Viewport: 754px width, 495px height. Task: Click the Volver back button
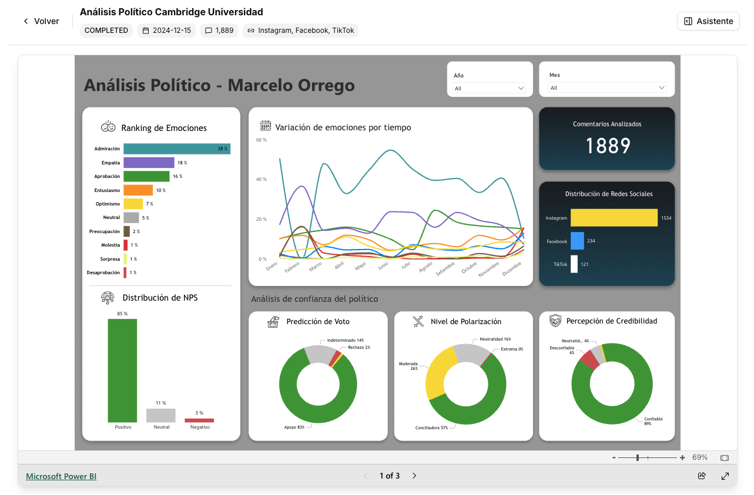41,21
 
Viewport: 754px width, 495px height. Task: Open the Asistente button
708,21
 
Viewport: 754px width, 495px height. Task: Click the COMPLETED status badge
106,31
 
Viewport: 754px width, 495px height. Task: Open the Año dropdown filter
490,88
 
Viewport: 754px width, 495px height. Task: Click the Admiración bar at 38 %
176,149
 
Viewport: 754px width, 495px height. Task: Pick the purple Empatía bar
149,163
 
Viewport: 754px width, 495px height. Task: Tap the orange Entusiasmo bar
138,190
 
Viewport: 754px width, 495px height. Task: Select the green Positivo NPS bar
122,370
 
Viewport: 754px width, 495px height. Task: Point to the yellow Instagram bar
614,218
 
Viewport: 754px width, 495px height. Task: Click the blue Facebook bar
577,241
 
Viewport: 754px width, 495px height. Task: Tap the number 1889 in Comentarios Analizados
608,146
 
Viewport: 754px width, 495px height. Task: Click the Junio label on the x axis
383,266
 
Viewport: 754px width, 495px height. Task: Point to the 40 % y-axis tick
261,180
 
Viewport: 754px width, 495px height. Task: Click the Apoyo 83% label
294,427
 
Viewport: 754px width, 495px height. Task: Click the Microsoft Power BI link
61,476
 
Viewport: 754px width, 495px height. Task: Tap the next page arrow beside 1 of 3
414,476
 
